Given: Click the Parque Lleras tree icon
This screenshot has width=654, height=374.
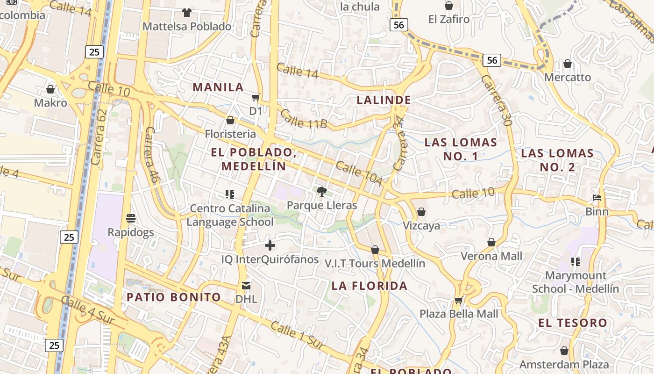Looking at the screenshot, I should [x=321, y=191].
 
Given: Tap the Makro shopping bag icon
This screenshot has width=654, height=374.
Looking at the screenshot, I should [x=50, y=89].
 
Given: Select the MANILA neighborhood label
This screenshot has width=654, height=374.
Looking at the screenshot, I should [x=218, y=87].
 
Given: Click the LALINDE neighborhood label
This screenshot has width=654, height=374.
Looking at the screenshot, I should [x=384, y=100].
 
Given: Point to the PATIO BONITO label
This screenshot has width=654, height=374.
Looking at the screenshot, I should [x=174, y=297].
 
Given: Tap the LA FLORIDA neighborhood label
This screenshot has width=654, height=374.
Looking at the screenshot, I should [x=370, y=286].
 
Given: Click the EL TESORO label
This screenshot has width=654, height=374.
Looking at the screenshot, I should [x=573, y=323].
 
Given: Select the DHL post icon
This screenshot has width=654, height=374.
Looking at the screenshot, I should [x=246, y=285].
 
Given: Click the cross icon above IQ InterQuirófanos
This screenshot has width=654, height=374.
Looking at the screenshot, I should [x=270, y=245].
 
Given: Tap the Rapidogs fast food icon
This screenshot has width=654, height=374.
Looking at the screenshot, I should [x=131, y=218].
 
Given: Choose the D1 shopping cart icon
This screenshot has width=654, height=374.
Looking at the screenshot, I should [x=256, y=98].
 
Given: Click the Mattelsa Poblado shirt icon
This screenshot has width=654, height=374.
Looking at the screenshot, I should [x=187, y=12].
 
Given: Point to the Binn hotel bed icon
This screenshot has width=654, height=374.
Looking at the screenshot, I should [x=597, y=198].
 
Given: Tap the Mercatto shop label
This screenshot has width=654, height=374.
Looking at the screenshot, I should [x=568, y=77].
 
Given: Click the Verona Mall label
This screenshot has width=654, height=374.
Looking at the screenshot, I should [x=491, y=256].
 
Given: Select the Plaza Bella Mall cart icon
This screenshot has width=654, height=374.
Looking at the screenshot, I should [x=458, y=300].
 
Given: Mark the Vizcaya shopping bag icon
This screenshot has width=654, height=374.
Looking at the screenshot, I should [x=421, y=212].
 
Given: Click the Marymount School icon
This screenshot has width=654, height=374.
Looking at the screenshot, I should [x=576, y=262].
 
